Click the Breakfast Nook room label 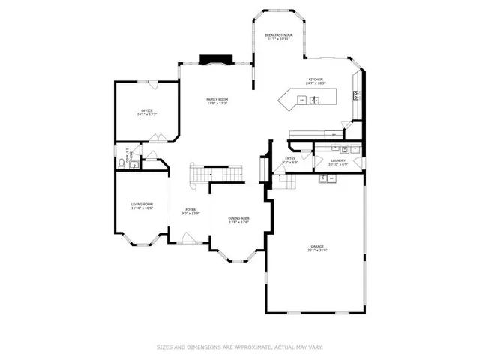click(x=280, y=34)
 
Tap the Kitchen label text click(x=316, y=79)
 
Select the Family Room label click(x=217, y=99)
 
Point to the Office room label click(x=146, y=110)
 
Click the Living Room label click(x=142, y=204)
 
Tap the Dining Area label click(x=239, y=218)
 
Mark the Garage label click(x=316, y=247)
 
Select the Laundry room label click(x=337, y=159)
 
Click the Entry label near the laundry click(x=289, y=159)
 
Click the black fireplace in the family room click(x=214, y=59)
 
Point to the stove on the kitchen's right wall click(x=356, y=94)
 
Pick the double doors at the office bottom click(x=157, y=137)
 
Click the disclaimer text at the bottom click(x=239, y=346)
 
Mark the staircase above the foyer click(x=202, y=175)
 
